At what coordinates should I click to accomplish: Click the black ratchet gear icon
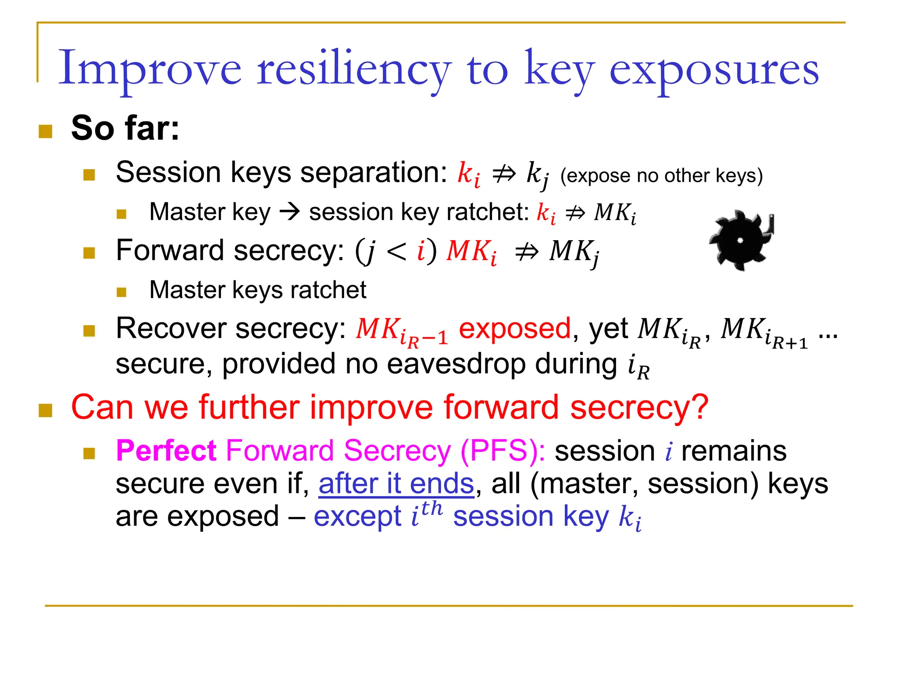(741, 240)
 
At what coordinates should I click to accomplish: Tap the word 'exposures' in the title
(714, 70)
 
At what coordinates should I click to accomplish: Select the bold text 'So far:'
(125, 128)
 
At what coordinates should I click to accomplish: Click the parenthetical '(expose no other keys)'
(661, 176)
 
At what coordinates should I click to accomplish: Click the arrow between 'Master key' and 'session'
(290, 212)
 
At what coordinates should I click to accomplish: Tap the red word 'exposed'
(514, 329)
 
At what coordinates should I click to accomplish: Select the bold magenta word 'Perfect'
(166, 450)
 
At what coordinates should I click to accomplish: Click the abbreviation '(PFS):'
(502, 450)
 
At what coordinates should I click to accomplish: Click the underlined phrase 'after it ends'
(396, 484)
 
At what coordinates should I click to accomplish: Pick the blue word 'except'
(357, 516)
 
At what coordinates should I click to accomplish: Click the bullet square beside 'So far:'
(46, 131)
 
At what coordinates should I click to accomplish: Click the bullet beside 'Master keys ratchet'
(121, 292)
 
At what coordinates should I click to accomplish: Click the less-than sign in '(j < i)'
(396, 251)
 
